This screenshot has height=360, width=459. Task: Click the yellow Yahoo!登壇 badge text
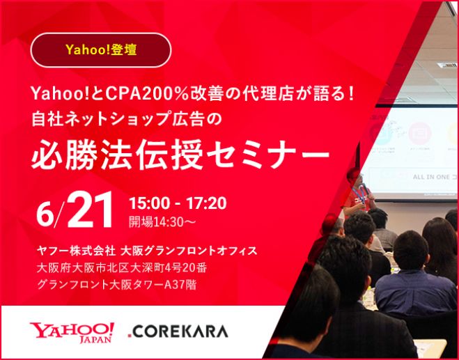(x=101, y=49)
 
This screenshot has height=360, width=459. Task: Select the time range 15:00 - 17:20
(x=178, y=203)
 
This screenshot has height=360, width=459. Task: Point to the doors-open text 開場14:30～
(x=162, y=222)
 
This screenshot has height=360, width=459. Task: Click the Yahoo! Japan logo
(x=72, y=332)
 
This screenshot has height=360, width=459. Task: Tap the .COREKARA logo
(x=178, y=331)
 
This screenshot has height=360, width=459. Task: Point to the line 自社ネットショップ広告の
(x=127, y=119)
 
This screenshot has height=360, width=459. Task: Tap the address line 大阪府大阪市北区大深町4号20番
(x=122, y=267)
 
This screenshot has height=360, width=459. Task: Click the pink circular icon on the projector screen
(x=419, y=133)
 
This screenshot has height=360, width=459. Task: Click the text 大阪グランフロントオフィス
(x=189, y=251)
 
